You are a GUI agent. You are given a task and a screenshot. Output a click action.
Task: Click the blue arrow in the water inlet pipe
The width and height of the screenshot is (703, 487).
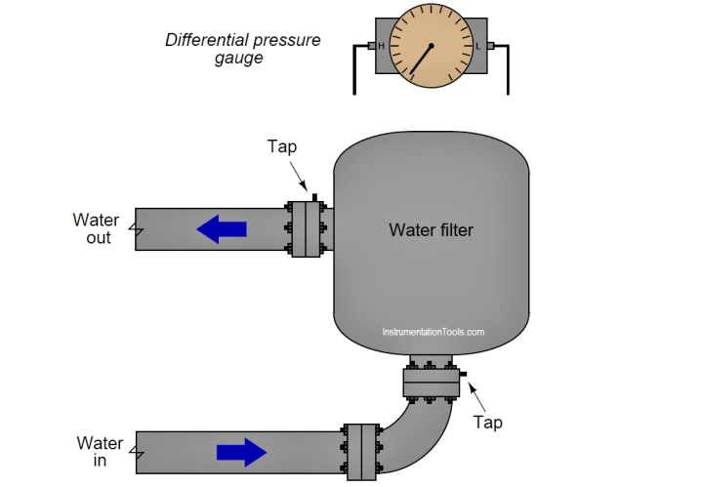tap(241, 451)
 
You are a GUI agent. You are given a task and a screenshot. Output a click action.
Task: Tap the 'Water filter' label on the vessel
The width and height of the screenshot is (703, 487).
tap(431, 230)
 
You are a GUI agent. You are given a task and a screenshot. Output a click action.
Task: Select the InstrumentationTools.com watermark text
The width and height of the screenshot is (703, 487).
tap(432, 332)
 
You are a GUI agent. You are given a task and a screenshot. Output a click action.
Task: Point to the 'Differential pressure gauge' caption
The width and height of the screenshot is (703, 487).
tap(242, 49)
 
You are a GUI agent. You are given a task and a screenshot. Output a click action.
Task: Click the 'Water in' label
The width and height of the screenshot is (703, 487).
tap(100, 451)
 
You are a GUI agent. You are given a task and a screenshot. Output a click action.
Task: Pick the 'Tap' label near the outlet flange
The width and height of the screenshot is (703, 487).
tap(282, 146)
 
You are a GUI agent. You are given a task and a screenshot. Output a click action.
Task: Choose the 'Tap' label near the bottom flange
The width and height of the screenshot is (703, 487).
tap(488, 422)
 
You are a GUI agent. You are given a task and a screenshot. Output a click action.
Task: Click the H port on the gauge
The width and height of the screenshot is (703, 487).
tap(381, 46)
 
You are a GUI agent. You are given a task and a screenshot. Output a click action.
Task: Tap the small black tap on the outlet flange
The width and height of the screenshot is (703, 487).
tap(314, 197)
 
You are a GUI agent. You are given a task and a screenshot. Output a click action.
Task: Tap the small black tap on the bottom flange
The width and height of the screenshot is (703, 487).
tap(463, 374)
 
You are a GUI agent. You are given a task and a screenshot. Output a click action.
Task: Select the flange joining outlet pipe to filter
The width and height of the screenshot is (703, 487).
tap(306, 229)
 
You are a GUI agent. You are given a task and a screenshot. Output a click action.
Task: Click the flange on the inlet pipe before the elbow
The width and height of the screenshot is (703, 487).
tap(361, 451)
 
